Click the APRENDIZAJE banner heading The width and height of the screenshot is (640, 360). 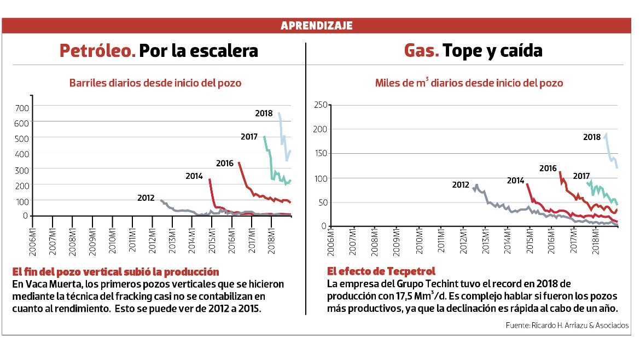[316, 26]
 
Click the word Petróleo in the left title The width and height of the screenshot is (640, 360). [97, 51]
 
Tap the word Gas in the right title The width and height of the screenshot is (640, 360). [421, 51]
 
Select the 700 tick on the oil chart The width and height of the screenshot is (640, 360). [21, 108]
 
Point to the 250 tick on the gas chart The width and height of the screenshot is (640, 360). [320, 104]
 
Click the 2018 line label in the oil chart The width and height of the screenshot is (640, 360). [264, 114]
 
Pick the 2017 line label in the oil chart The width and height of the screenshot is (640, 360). [249, 137]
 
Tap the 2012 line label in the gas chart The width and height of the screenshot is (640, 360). [461, 185]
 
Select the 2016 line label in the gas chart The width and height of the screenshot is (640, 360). [548, 169]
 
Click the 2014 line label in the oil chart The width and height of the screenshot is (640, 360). [194, 176]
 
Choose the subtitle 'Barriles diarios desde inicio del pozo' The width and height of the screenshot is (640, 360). [155, 83]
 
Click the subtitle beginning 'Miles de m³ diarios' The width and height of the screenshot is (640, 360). [469, 83]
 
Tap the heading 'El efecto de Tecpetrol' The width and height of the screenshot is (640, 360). [381, 271]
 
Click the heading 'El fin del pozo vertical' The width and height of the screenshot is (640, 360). [115, 272]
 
